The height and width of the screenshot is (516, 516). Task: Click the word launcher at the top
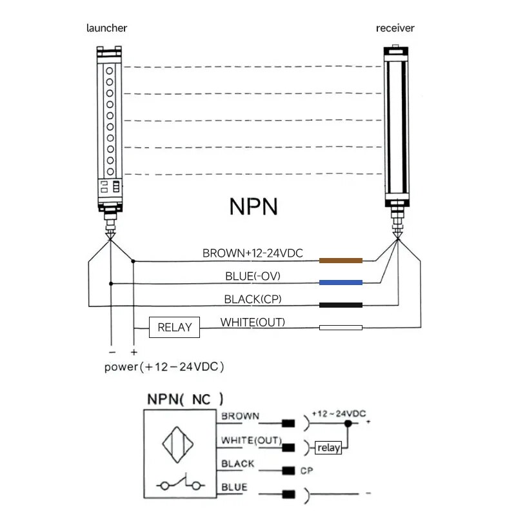(106, 28)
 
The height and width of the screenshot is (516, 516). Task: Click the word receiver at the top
(395, 28)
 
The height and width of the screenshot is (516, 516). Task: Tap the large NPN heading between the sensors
(253, 206)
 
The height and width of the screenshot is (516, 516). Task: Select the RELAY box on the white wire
(174, 327)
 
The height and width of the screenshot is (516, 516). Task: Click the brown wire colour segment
(341, 261)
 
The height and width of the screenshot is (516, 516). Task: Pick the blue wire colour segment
(341, 283)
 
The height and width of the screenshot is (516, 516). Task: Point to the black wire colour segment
(341, 305)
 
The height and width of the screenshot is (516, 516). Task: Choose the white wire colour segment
(341, 328)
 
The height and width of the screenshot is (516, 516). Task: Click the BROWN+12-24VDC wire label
(253, 253)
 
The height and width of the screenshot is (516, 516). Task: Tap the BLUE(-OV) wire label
(253, 276)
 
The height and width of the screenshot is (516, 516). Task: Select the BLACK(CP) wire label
(253, 299)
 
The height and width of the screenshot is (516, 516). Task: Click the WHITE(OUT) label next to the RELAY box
(253, 322)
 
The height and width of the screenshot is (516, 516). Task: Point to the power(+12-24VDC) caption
(164, 367)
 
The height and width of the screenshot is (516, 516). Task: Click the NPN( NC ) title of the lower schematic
(185, 398)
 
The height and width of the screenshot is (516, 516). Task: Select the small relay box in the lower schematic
(328, 448)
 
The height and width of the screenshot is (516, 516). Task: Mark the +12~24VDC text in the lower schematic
(338, 413)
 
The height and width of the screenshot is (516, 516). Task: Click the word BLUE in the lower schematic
(234, 487)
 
